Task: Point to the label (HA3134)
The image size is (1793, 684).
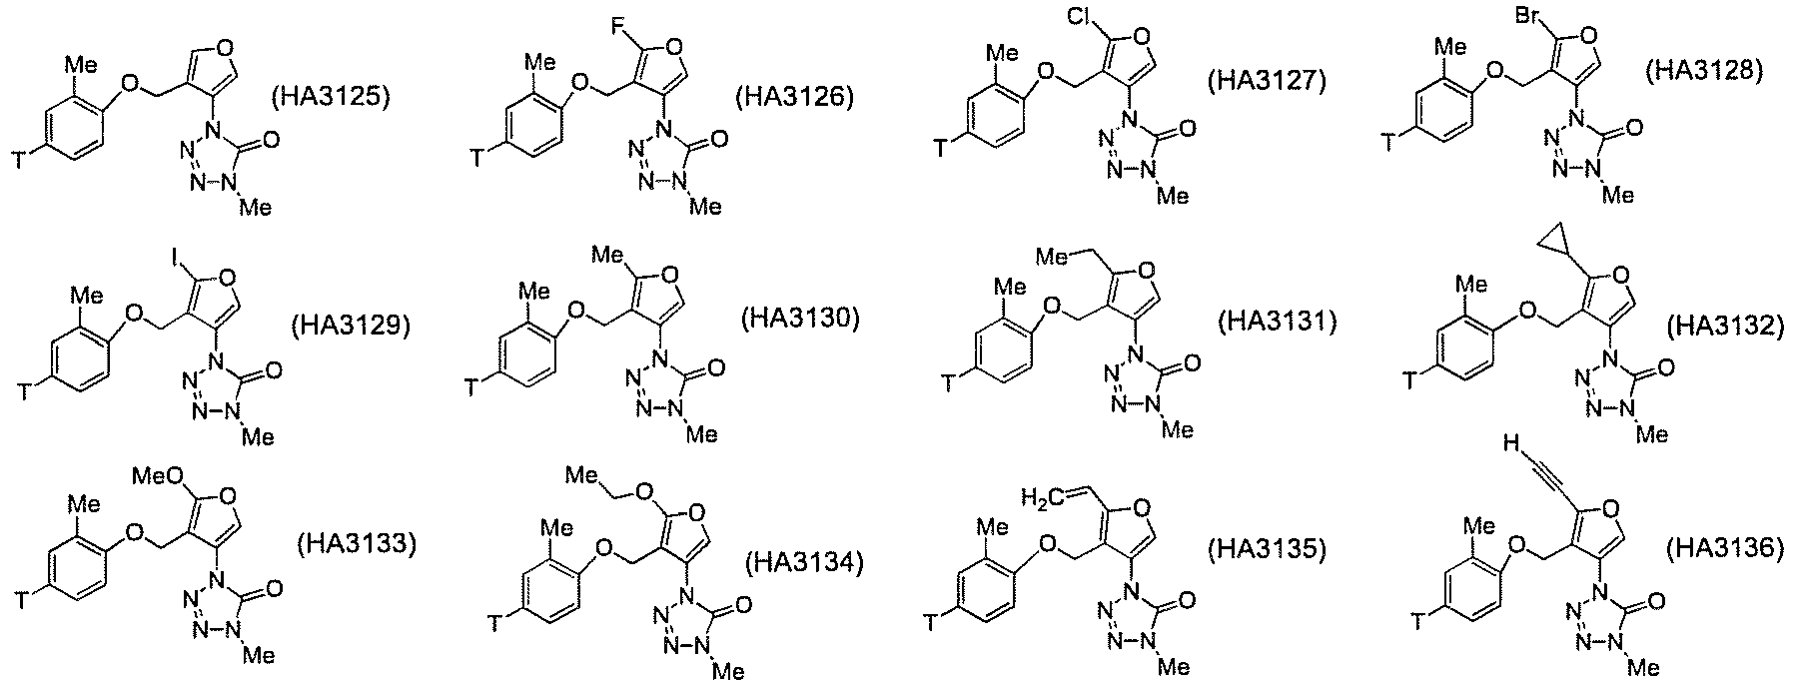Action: (804, 563)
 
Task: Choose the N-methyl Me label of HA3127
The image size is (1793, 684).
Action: (1173, 196)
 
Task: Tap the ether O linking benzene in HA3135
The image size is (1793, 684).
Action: (1048, 544)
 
